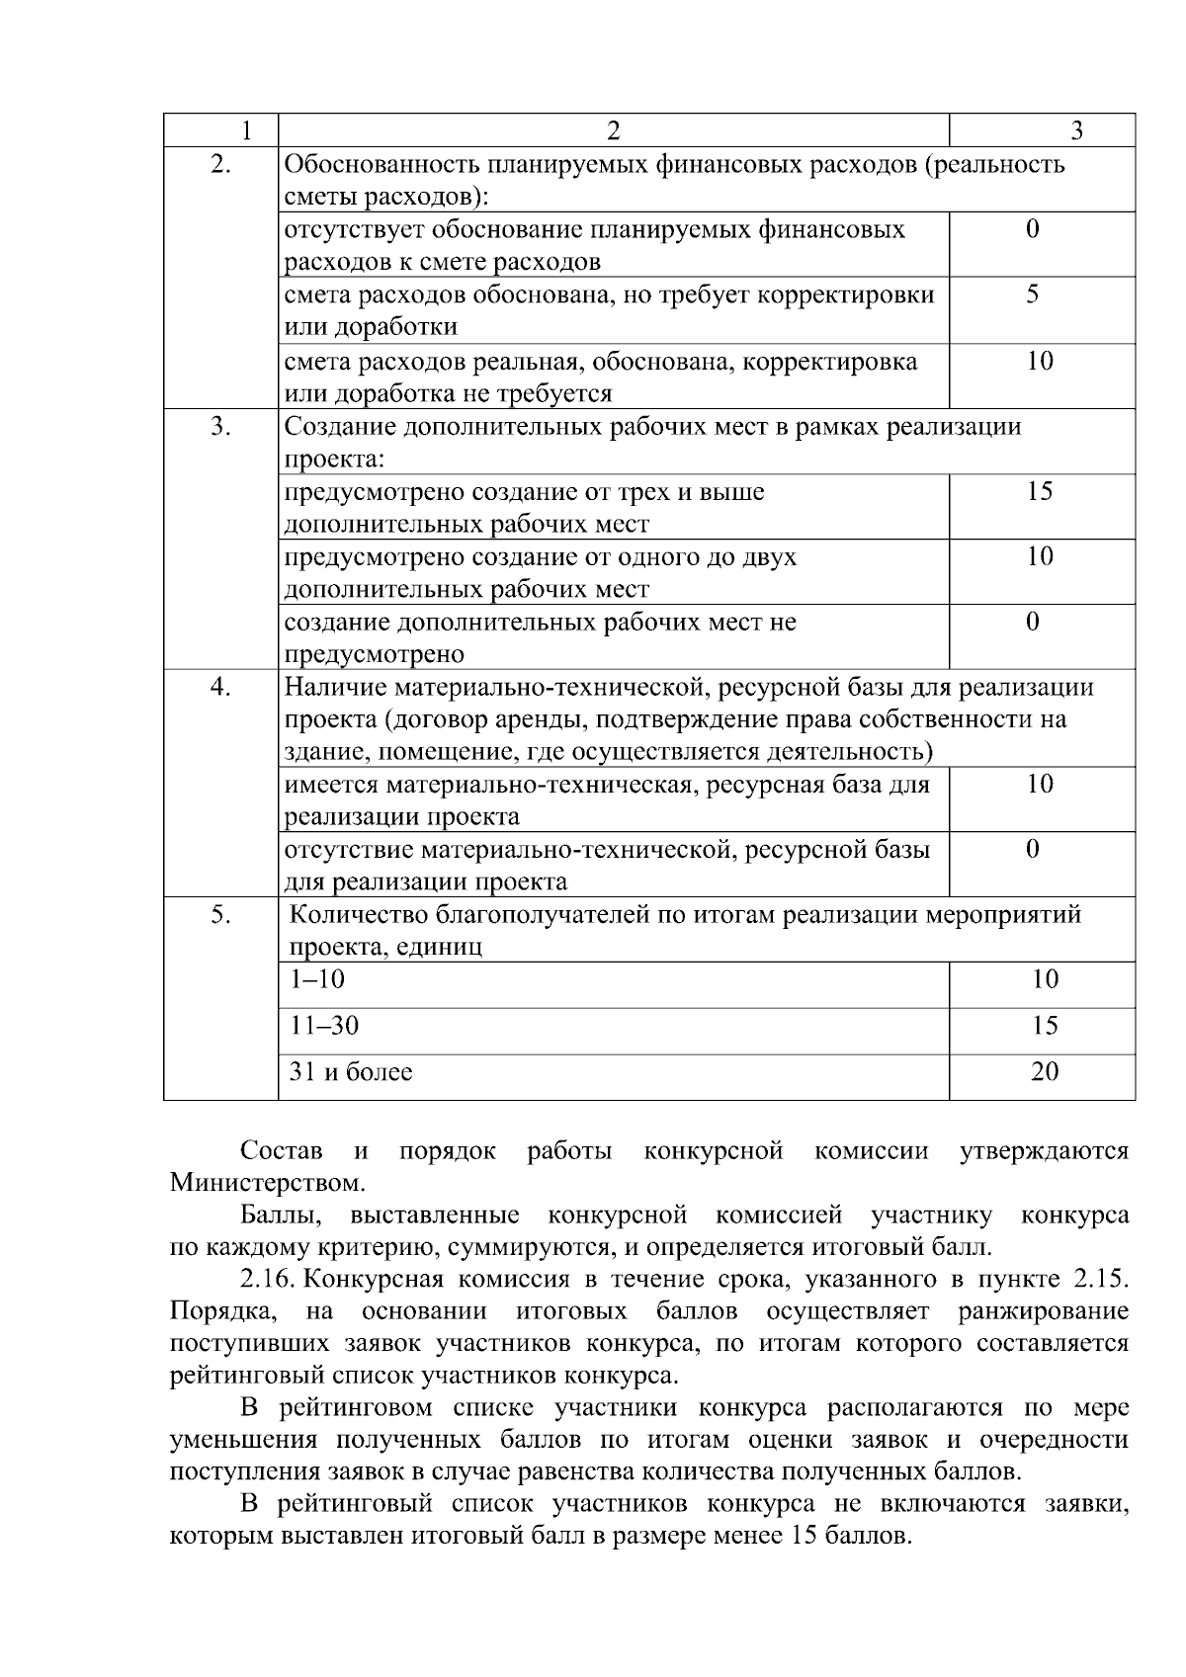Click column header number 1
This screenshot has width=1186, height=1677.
point(246,130)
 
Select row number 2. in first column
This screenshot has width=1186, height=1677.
point(221,164)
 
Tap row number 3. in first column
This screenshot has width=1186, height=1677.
point(221,427)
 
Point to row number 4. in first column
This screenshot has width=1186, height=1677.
point(221,687)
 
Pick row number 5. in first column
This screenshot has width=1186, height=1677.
point(221,915)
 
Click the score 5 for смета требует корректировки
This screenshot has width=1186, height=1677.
point(1032,294)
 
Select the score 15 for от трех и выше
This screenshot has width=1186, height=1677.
point(1040,491)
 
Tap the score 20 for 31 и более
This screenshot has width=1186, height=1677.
point(1045,1071)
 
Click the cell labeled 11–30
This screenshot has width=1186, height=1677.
point(324,1026)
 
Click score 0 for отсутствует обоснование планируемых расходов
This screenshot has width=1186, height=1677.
point(1032,230)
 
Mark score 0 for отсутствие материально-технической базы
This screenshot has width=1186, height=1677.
point(1032,849)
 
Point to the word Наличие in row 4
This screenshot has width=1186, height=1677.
point(329,687)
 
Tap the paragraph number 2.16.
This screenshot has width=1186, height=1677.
point(267,1280)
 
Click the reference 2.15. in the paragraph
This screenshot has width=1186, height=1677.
point(1100,1280)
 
